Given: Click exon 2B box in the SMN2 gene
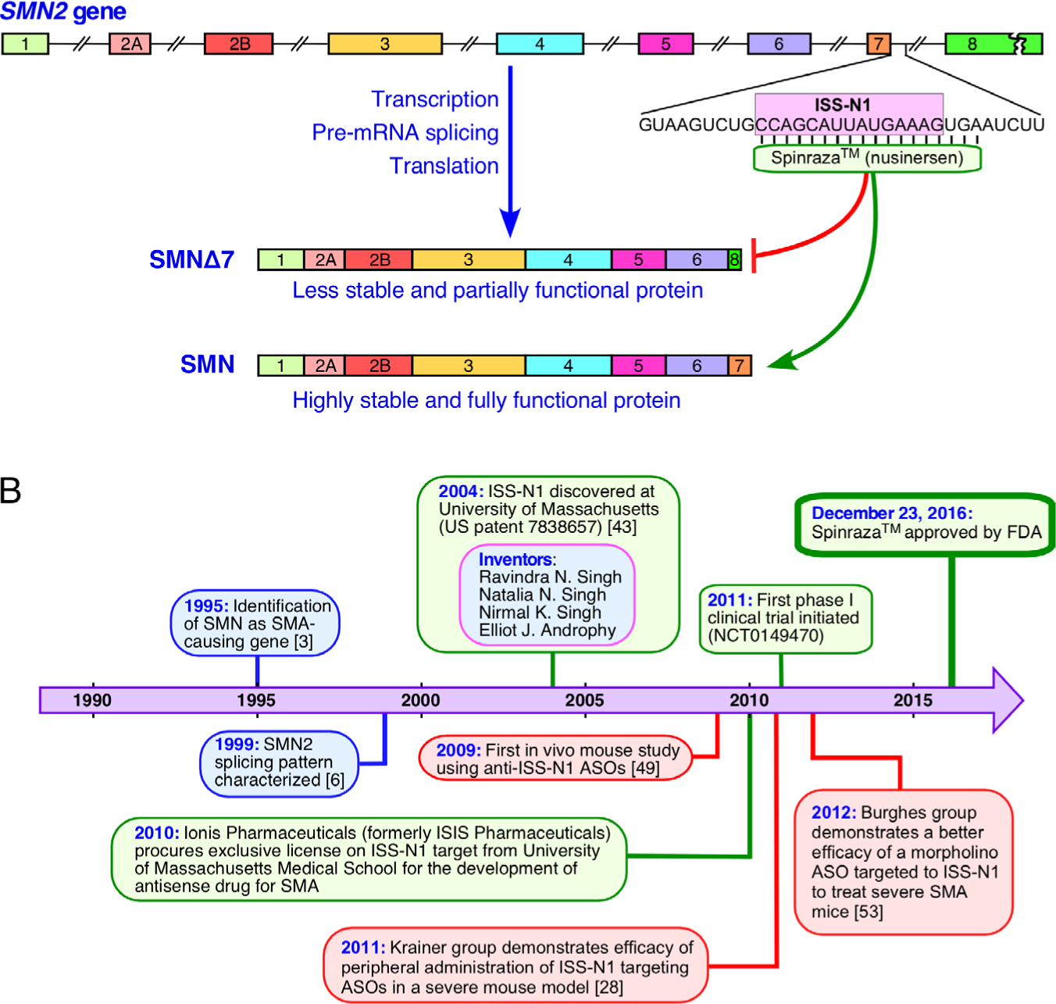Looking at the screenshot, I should [238, 44].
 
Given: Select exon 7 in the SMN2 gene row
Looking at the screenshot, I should [878, 44].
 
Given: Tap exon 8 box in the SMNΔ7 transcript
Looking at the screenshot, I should [734, 259].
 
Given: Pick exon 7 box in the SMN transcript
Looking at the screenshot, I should [739, 366].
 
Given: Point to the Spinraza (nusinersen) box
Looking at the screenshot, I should [867, 158].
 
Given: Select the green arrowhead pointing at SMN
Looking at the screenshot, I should [781, 362].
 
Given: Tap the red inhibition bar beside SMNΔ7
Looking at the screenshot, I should [754, 256].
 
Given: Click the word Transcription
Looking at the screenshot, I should [434, 99].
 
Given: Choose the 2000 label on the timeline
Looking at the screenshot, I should [420, 700].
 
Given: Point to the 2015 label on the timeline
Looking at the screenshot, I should [912, 700].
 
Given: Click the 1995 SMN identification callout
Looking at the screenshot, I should [255, 623].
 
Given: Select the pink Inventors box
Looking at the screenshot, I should [547, 595].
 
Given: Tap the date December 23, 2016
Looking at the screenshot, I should [891, 513].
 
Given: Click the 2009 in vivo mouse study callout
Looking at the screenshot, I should [555, 759].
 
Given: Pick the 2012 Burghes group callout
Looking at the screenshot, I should [904, 862].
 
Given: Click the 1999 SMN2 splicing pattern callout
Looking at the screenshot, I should [279, 763].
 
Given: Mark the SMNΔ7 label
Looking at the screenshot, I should [191, 259].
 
